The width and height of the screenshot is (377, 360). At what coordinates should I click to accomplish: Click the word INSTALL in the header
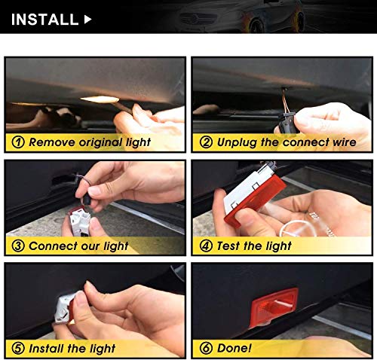point(44,20)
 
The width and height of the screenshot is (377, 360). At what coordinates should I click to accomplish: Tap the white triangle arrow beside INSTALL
point(87,20)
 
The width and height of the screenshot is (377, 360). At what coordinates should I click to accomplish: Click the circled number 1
point(18,142)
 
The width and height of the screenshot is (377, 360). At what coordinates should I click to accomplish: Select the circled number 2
point(206,142)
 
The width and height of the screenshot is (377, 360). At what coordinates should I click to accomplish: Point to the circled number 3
point(18,246)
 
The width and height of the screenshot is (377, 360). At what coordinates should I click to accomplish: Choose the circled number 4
point(206,246)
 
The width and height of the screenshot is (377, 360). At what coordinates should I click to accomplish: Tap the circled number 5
point(18,349)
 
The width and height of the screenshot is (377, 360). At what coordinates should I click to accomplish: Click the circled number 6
point(206,348)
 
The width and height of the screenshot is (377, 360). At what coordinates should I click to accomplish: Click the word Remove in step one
point(52,142)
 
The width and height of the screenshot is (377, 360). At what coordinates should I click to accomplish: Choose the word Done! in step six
point(234,348)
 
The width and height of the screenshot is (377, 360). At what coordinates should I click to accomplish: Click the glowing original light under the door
point(100,99)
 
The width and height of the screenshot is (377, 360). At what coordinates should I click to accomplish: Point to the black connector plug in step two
point(288,123)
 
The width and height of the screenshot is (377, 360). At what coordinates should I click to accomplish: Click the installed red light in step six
point(274,307)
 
